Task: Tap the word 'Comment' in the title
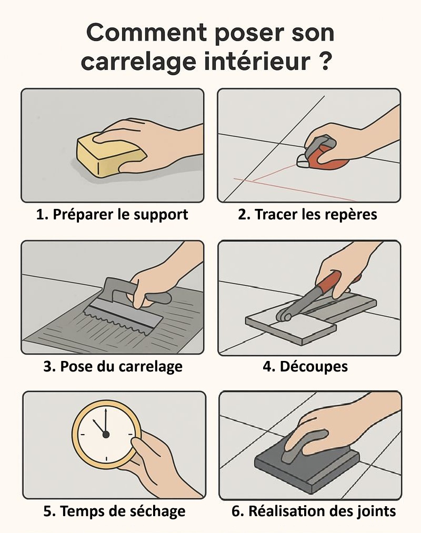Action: coord(147,33)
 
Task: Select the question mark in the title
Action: coord(326,61)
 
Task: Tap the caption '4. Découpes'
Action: coord(305,366)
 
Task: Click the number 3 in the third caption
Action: coord(47,366)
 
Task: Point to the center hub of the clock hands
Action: coord(106,435)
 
